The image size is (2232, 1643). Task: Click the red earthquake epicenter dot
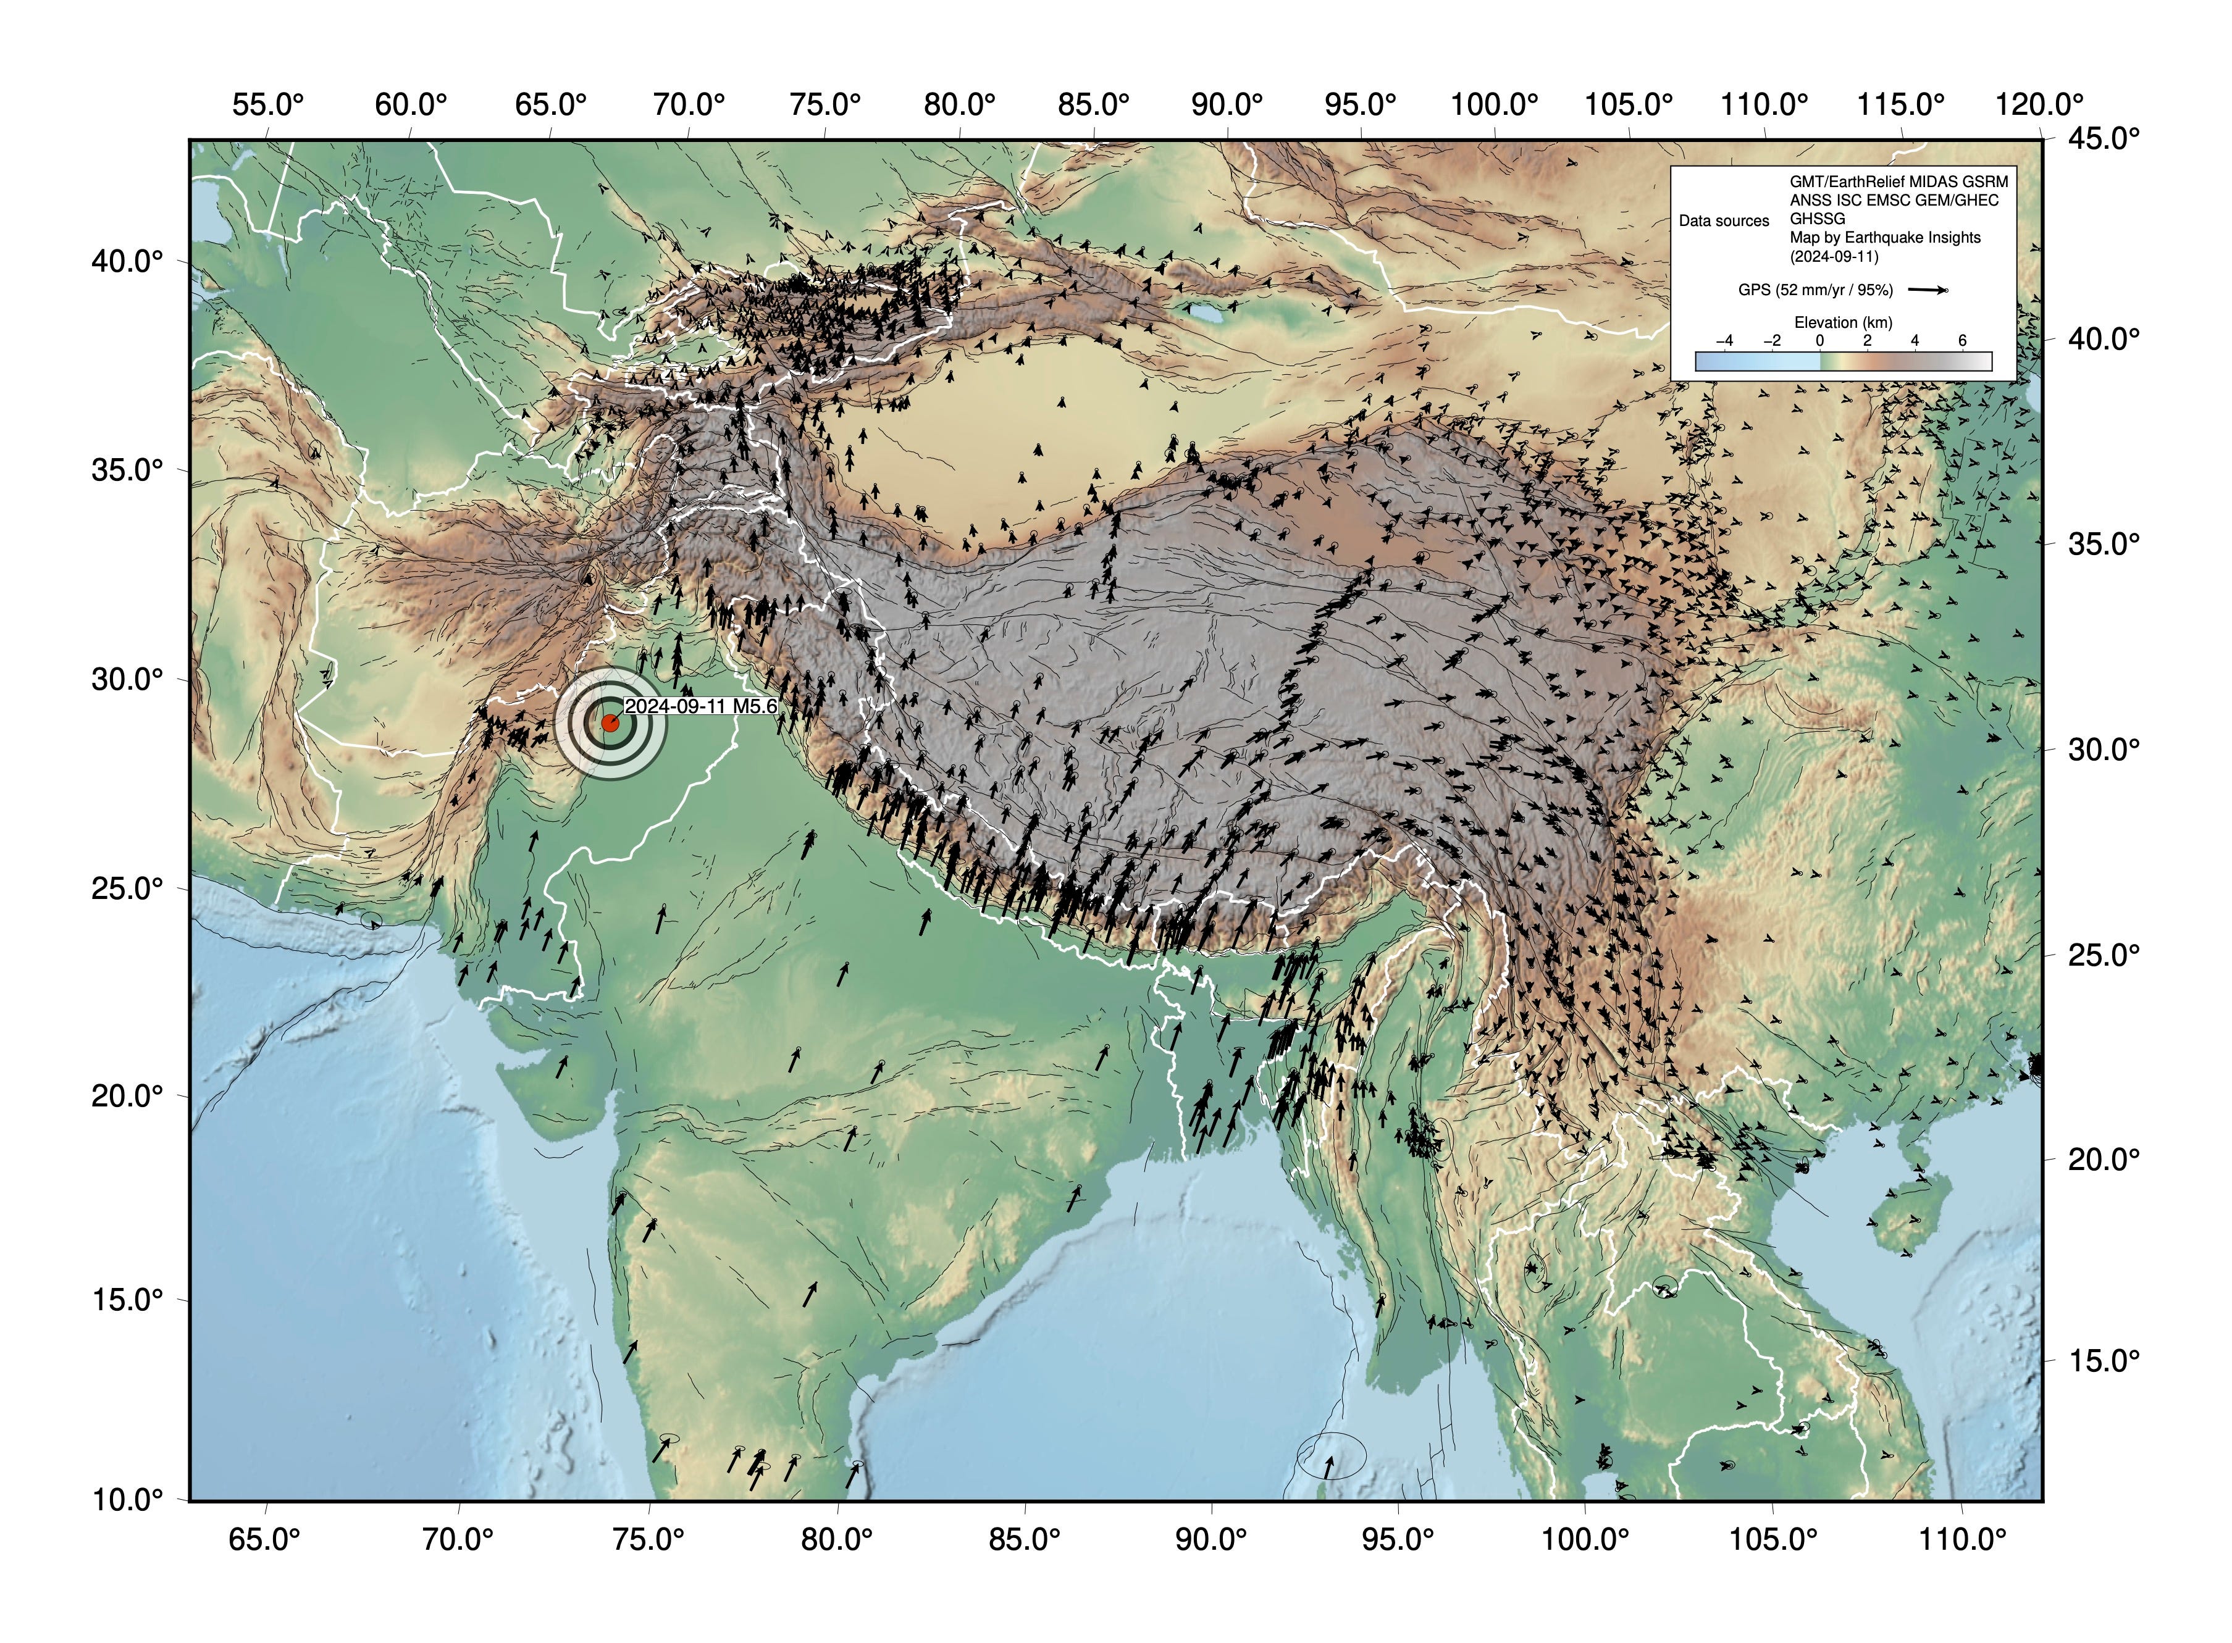[x=610, y=723]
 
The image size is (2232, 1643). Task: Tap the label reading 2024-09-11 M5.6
[x=700, y=706]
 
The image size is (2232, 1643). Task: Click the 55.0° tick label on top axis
[x=267, y=104]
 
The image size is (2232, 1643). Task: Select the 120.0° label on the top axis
[x=2039, y=104]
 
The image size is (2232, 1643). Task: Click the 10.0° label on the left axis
[x=127, y=1500]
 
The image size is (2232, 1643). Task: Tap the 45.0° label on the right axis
[x=2104, y=138]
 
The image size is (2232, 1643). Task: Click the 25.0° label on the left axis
[x=127, y=888]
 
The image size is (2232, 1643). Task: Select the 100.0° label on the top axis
[x=1494, y=104]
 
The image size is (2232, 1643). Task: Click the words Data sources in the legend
[x=1724, y=221]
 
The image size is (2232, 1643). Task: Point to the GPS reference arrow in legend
[x=1928, y=290]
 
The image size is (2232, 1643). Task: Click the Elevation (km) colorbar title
[x=1843, y=322]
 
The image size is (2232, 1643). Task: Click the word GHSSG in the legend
[x=1817, y=219]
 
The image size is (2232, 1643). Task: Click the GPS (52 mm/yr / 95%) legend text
[x=1815, y=290]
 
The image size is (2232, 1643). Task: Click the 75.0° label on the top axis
[x=824, y=104]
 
